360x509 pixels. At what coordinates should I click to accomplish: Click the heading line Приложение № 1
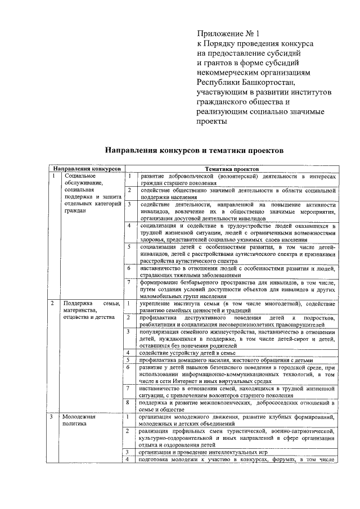click(x=224, y=33)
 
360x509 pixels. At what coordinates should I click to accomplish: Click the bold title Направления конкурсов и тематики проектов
click(x=191, y=150)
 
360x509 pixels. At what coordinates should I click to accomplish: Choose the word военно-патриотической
click(x=307, y=431)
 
